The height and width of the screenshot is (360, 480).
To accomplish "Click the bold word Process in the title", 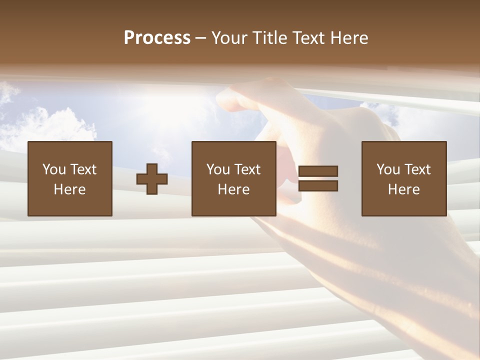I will [157, 38].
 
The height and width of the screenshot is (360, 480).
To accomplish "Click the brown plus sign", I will [152, 179].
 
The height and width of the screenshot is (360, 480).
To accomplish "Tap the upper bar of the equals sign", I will [318, 171].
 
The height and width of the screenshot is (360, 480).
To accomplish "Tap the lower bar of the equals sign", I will [318, 186].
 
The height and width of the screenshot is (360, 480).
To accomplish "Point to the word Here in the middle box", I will [233, 189].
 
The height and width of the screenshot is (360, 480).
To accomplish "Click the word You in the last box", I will [388, 169].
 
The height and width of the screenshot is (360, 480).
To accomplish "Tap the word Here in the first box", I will [69, 189].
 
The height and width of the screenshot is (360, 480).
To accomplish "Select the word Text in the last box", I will [417, 169].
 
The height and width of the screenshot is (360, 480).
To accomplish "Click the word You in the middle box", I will [218, 169].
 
